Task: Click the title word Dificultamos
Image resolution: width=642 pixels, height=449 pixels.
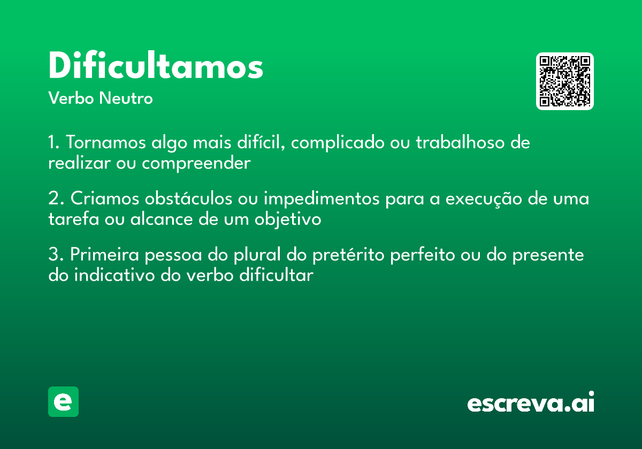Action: click(x=156, y=66)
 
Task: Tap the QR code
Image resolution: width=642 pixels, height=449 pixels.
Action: click(x=565, y=81)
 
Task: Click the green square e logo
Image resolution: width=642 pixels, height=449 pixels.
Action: click(x=63, y=401)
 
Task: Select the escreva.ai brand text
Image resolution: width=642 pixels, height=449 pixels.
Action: click(x=531, y=403)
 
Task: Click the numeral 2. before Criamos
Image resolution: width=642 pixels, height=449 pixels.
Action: click(x=56, y=199)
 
